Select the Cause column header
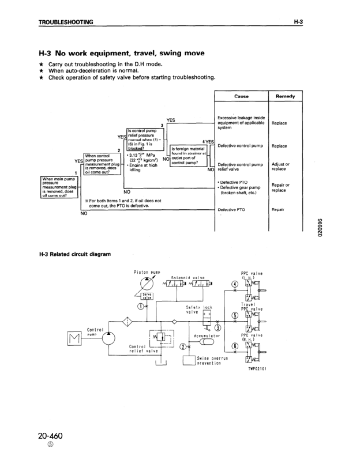(x=241, y=96)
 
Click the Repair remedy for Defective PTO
(x=279, y=210)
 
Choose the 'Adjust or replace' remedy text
(x=280, y=167)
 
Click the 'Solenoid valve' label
(x=188, y=278)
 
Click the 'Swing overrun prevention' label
(x=211, y=361)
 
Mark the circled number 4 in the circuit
(x=234, y=284)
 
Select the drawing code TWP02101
(x=257, y=368)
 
